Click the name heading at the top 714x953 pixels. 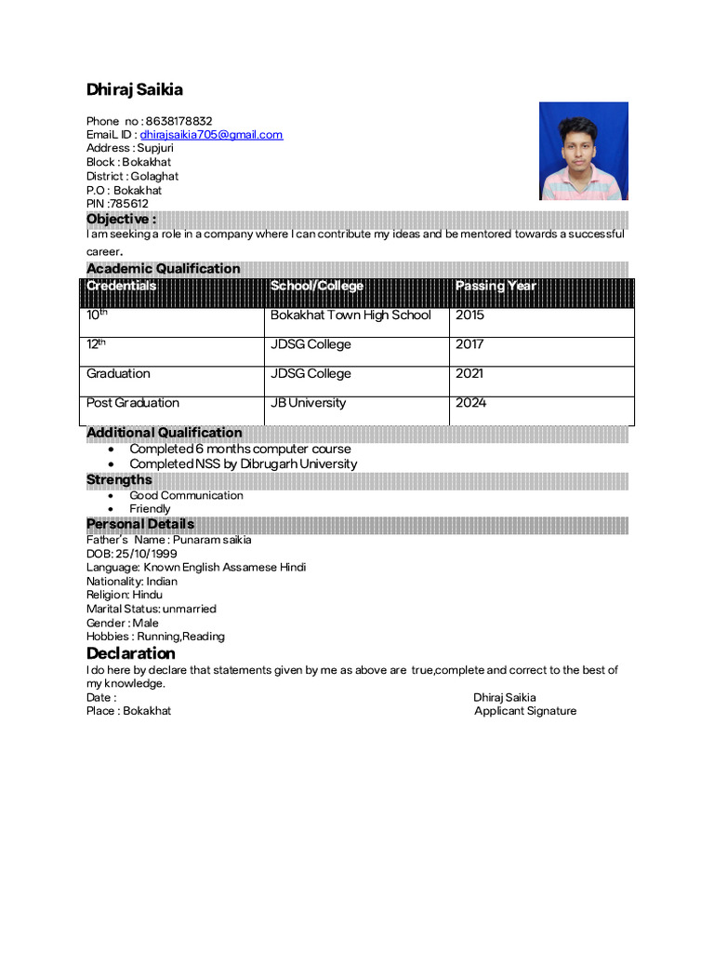[135, 90]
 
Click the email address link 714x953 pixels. [211, 135]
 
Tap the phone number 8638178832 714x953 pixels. [178, 121]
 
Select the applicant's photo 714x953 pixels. [584, 151]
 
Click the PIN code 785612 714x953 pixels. [129, 204]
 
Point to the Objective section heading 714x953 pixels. [121, 220]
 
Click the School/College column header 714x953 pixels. [317, 286]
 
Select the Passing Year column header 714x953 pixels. [496, 286]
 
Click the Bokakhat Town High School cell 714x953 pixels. [350, 315]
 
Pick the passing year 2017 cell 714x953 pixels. [469, 344]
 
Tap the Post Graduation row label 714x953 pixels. [133, 403]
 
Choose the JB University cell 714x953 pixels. [308, 403]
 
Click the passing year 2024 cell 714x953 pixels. [470, 403]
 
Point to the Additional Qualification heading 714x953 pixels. [164, 433]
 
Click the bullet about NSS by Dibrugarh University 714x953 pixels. [243, 463]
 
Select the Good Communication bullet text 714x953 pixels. [186, 496]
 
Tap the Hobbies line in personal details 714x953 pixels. [155, 637]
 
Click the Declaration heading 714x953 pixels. [131, 653]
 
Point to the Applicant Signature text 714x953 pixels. [524, 711]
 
